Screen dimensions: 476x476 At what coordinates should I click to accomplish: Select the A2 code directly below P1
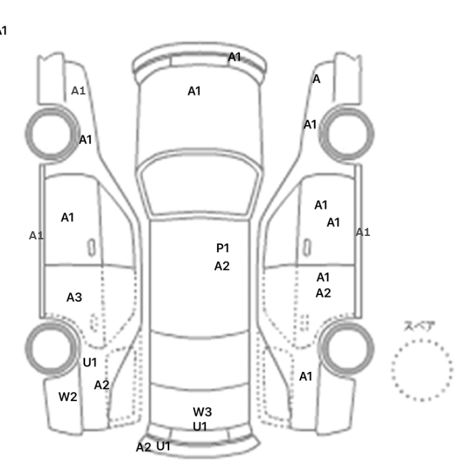tap(222, 267)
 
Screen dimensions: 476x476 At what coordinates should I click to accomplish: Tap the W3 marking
tap(203, 411)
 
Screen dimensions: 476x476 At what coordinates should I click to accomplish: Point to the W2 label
tap(67, 397)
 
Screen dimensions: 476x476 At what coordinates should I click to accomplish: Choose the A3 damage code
tap(74, 297)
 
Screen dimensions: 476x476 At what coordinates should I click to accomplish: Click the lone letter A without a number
tap(316, 80)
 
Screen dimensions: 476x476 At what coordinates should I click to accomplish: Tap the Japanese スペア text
tap(420, 326)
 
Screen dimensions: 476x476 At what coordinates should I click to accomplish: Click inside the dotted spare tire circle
tap(422, 369)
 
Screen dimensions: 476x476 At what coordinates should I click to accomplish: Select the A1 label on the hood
tap(194, 91)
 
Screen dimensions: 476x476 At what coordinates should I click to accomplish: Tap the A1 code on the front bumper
tap(235, 57)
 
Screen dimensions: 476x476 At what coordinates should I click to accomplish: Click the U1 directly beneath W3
tap(199, 426)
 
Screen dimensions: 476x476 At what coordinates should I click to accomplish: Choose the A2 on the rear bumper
tap(143, 447)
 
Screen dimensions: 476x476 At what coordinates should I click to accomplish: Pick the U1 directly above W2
tap(90, 362)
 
